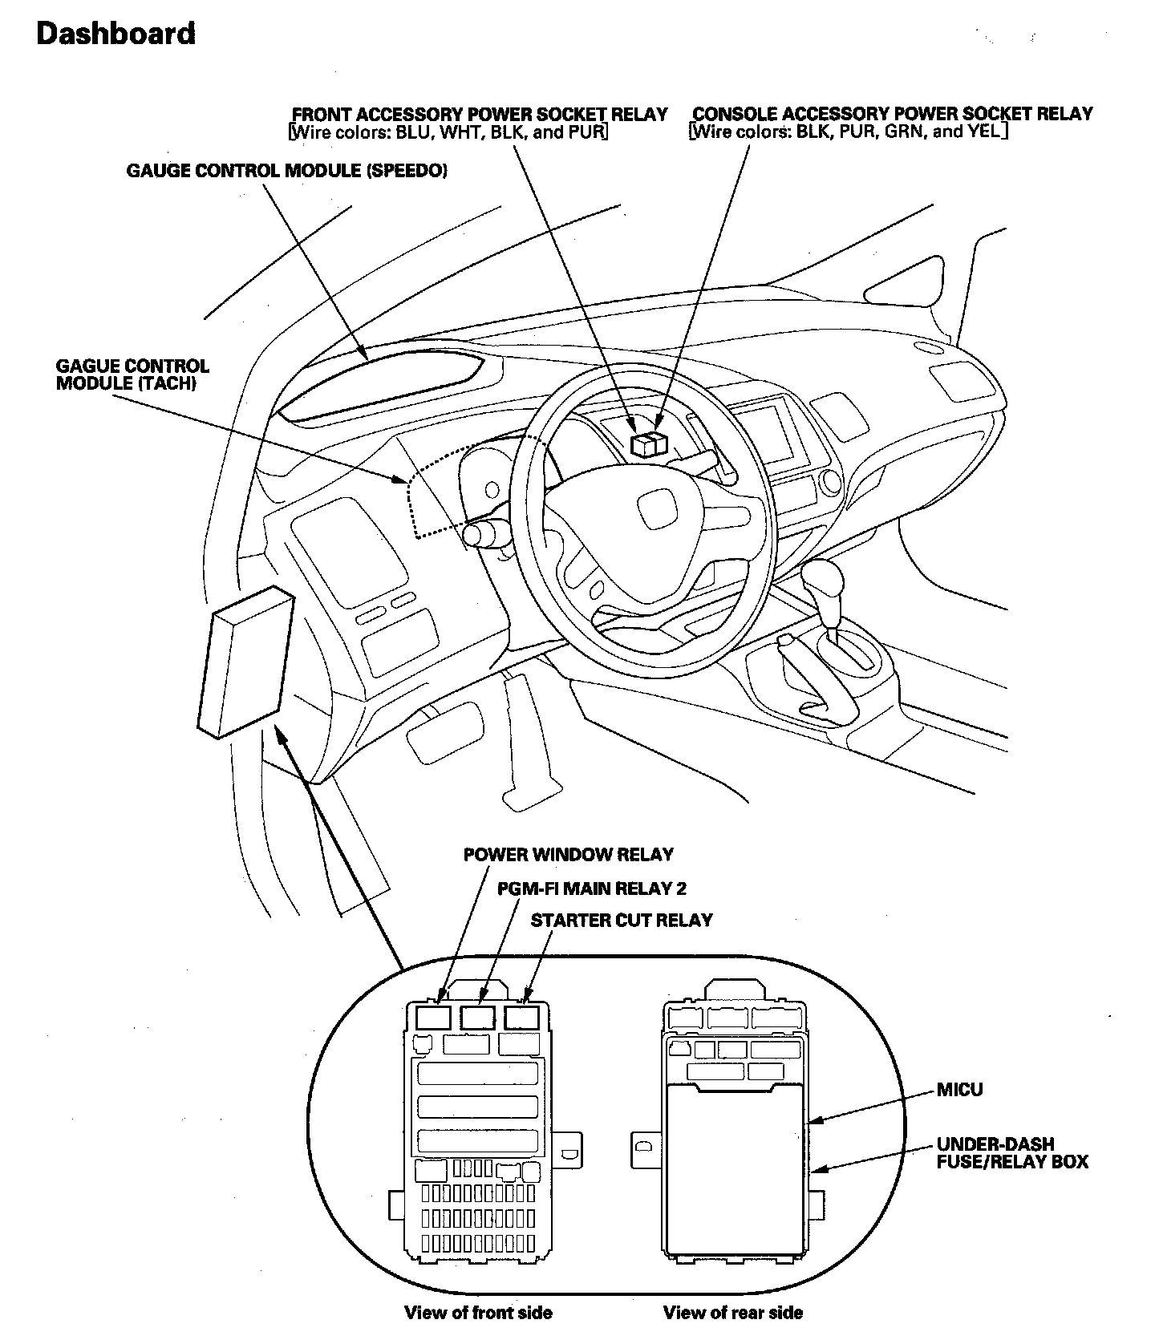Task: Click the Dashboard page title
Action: click(x=116, y=34)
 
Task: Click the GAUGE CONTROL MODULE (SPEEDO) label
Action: click(x=286, y=171)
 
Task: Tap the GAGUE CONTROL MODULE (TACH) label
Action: click(x=132, y=374)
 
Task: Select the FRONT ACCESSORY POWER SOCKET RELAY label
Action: click(x=479, y=114)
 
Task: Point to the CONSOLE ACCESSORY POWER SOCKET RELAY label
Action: click(x=892, y=114)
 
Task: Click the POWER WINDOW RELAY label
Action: click(x=568, y=854)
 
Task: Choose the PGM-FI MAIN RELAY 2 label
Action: click(x=591, y=888)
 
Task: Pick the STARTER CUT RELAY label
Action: click(x=622, y=920)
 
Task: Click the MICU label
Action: click(x=959, y=1090)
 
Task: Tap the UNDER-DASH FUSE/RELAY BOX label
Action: click(x=1011, y=1152)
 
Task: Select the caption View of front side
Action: click(x=478, y=1313)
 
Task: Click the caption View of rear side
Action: click(x=732, y=1313)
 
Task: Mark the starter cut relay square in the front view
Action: click(x=521, y=1018)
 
